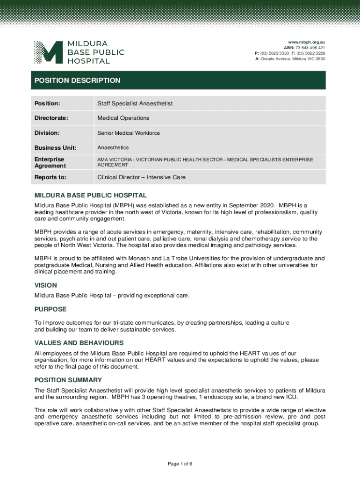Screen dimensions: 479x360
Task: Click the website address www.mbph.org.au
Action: pyautogui.click(x=306, y=42)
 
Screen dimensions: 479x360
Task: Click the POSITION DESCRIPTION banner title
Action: pyautogui.click(x=77, y=80)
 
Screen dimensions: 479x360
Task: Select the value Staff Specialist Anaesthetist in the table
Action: pyautogui.click(x=135, y=103)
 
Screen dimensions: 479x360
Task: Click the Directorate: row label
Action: pyautogui.click(x=51, y=118)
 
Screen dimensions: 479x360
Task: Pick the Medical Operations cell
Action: pyautogui.click(x=123, y=118)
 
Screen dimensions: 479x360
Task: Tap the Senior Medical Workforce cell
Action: pyautogui.click(x=129, y=133)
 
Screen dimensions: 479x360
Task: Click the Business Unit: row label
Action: pyautogui.click(x=55, y=148)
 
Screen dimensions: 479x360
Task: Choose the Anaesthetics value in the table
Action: pyautogui.click(x=113, y=148)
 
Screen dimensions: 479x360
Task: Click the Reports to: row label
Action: pyautogui.click(x=50, y=177)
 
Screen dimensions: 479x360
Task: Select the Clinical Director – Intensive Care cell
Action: pyautogui.click(x=141, y=177)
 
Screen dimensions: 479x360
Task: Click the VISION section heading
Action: pyautogui.click(x=46, y=285)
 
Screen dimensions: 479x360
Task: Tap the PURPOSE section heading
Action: pyautogui.click(x=50, y=309)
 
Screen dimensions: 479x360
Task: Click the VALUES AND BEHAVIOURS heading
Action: pyautogui.click(x=79, y=343)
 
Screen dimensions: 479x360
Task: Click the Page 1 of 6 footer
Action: pyautogui.click(x=180, y=464)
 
